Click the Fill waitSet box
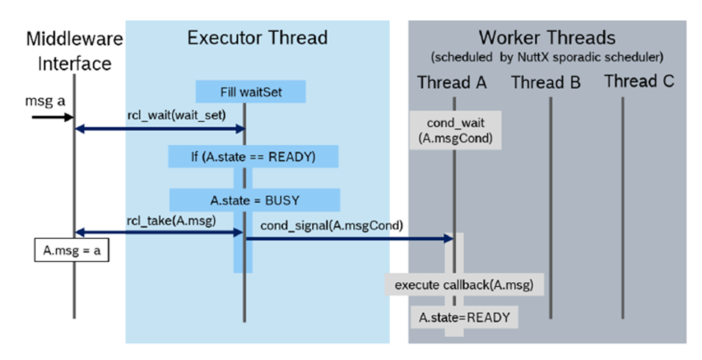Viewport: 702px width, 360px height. pyautogui.click(x=251, y=92)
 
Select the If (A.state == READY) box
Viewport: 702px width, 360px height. pyautogui.click(x=253, y=156)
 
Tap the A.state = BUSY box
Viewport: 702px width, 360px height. pyautogui.click(x=254, y=200)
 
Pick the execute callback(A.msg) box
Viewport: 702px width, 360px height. pyautogui.click(x=464, y=284)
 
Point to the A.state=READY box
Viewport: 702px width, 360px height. pyautogui.click(x=464, y=317)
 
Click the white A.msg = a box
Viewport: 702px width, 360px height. pyautogui.click(x=73, y=251)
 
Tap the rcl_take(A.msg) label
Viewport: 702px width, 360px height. pyautogui.click(x=159, y=219)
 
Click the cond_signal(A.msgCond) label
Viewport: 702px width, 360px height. pyautogui.click(x=332, y=225)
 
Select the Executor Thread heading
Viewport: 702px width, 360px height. pyautogui.click(x=257, y=37)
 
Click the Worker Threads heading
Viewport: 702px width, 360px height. pyautogui.click(x=547, y=37)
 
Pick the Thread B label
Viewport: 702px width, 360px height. pyautogui.click(x=546, y=82)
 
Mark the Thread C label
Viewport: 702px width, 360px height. pyautogui.click(x=639, y=81)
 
